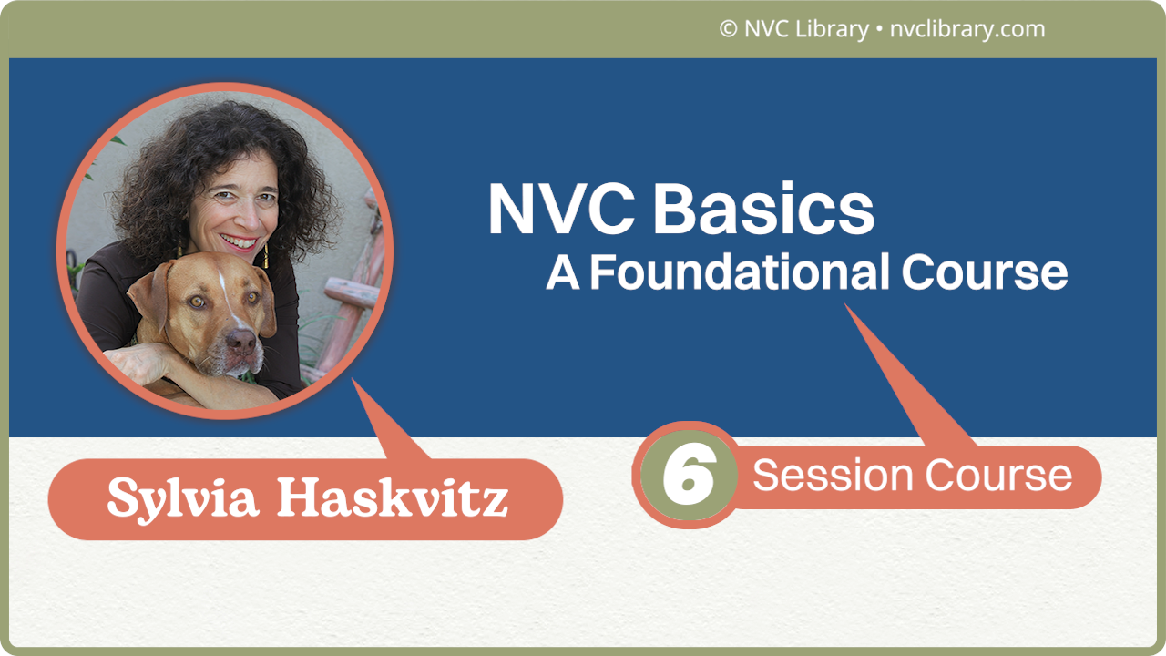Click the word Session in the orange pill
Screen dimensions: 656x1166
pyautogui.click(x=833, y=476)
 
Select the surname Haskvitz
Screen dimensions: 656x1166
pyautogui.click(x=392, y=498)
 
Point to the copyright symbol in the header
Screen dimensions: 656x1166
pyautogui.click(x=728, y=29)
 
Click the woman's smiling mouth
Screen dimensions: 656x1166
pyautogui.click(x=239, y=243)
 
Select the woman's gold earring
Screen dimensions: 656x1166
pyautogui.click(x=266, y=257)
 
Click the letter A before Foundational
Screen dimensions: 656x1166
pyautogui.click(x=563, y=272)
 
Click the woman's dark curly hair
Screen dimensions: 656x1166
pyautogui.click(x=155, y=173)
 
